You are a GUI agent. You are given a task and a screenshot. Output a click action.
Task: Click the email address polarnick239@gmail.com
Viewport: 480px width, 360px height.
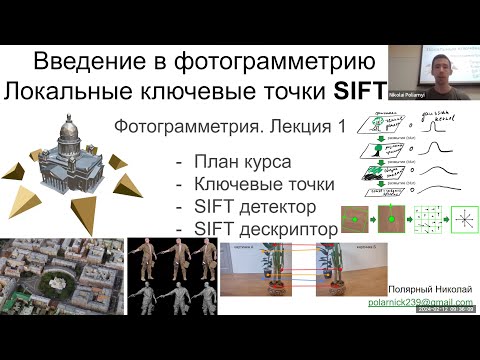point(420,300)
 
